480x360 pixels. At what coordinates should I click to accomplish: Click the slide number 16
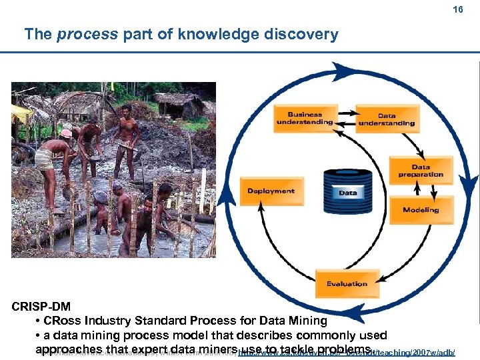[457, 11]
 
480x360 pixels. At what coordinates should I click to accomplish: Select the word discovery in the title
[303, 35]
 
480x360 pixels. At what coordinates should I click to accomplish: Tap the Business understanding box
[305, 118]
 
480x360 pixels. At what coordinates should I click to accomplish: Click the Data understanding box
[387, 119]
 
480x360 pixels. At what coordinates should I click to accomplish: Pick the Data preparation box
[421, 171]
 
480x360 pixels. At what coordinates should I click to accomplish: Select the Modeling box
[421, 210]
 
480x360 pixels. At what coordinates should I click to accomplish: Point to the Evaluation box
[347, 284]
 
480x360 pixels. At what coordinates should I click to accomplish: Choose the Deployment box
[271, 191]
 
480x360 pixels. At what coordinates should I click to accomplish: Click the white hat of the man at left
[66, 133]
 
